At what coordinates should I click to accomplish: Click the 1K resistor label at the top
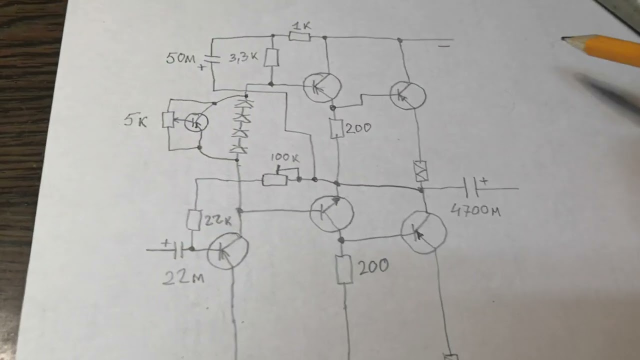click(x=301, y=26)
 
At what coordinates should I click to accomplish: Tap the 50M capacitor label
click(x=180, y=58)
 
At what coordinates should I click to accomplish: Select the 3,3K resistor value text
click(x=243, y=57)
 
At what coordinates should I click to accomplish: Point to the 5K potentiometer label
click(x=135, y=121)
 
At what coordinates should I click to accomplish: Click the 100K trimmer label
click(x=284, y=157)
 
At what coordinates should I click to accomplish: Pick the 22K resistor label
click(x=217, y=220)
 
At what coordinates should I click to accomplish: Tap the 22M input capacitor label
click(x=183, y=277)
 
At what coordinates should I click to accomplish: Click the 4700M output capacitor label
click(x=475, y=210)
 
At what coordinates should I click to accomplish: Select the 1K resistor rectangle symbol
click(x=299, y=37)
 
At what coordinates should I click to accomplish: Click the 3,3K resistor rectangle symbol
click(x=271, y=57)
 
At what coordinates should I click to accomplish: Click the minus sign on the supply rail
click(x=444, y=45)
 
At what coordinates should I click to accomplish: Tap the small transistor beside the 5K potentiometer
click(x=196, y=122)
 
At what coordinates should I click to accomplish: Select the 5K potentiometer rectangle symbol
click(x=168, y=120)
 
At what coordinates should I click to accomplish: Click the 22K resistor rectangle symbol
click(x=193, y=220)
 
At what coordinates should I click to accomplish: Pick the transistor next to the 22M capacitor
click(x=228, y=251)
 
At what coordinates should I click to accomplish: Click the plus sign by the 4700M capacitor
click(x=484, y=181)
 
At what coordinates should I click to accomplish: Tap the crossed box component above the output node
click(x=420, y=171)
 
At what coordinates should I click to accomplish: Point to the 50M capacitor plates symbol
click(x=212, y=59)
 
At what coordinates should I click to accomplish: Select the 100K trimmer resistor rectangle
click(x=275, y=180)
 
